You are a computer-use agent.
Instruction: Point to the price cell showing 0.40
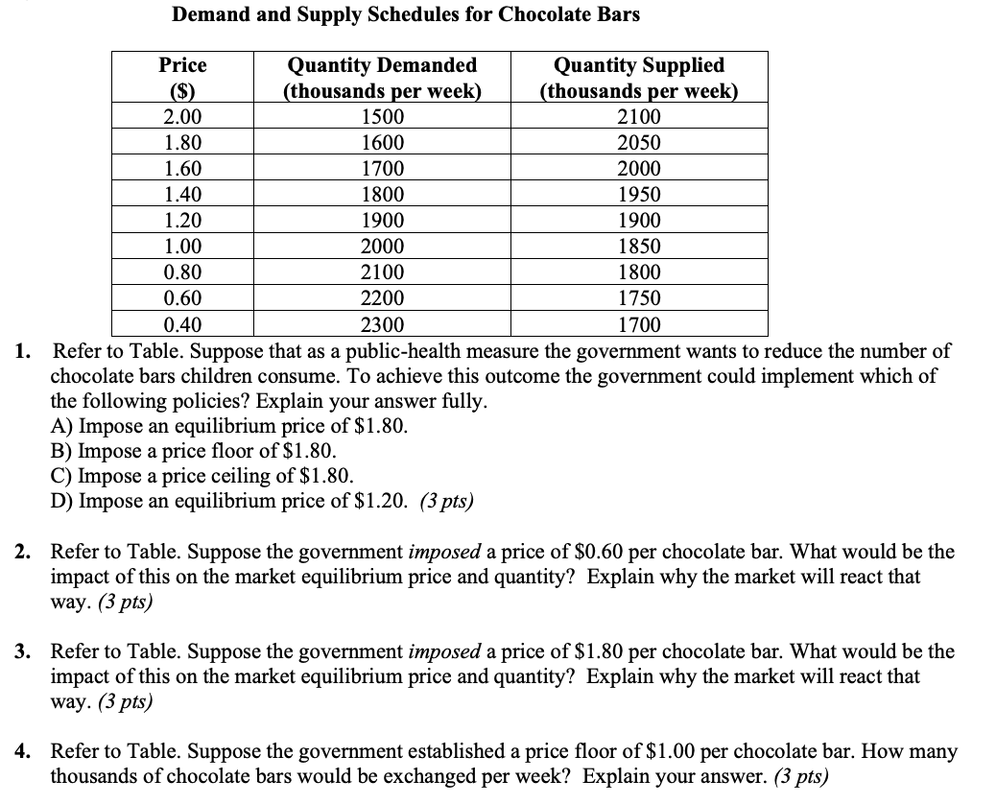point(182,324)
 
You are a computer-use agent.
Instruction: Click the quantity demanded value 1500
point(382,117)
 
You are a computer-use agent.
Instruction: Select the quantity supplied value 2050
point(639,143)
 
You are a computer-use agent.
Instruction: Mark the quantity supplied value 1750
point(639,298)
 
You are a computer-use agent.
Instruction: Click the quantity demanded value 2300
point(382,324)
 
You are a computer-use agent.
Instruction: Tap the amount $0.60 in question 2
point(602,553)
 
